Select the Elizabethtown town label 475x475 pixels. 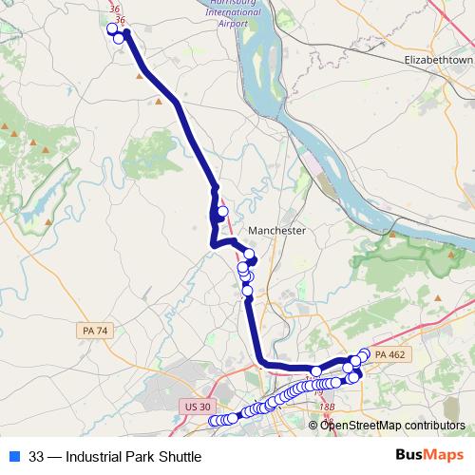(x=439, y=59)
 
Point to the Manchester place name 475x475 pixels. (x=276, y=231)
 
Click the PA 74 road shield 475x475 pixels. (x=93, y=330)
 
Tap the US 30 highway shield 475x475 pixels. (x=194, y=406)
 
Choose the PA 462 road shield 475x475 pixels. (x=389, y=354)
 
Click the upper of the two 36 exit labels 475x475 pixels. (x=116, y=9)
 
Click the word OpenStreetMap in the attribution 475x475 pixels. (x=359, y=425)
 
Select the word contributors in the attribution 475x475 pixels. (x=432, y=425)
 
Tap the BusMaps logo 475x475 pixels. (x=429, y=455)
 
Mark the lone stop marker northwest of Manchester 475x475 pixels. (x=223, y=212)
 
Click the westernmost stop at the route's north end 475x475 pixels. (x=111, y=29)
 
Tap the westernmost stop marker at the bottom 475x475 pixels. (x=214, y=421)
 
